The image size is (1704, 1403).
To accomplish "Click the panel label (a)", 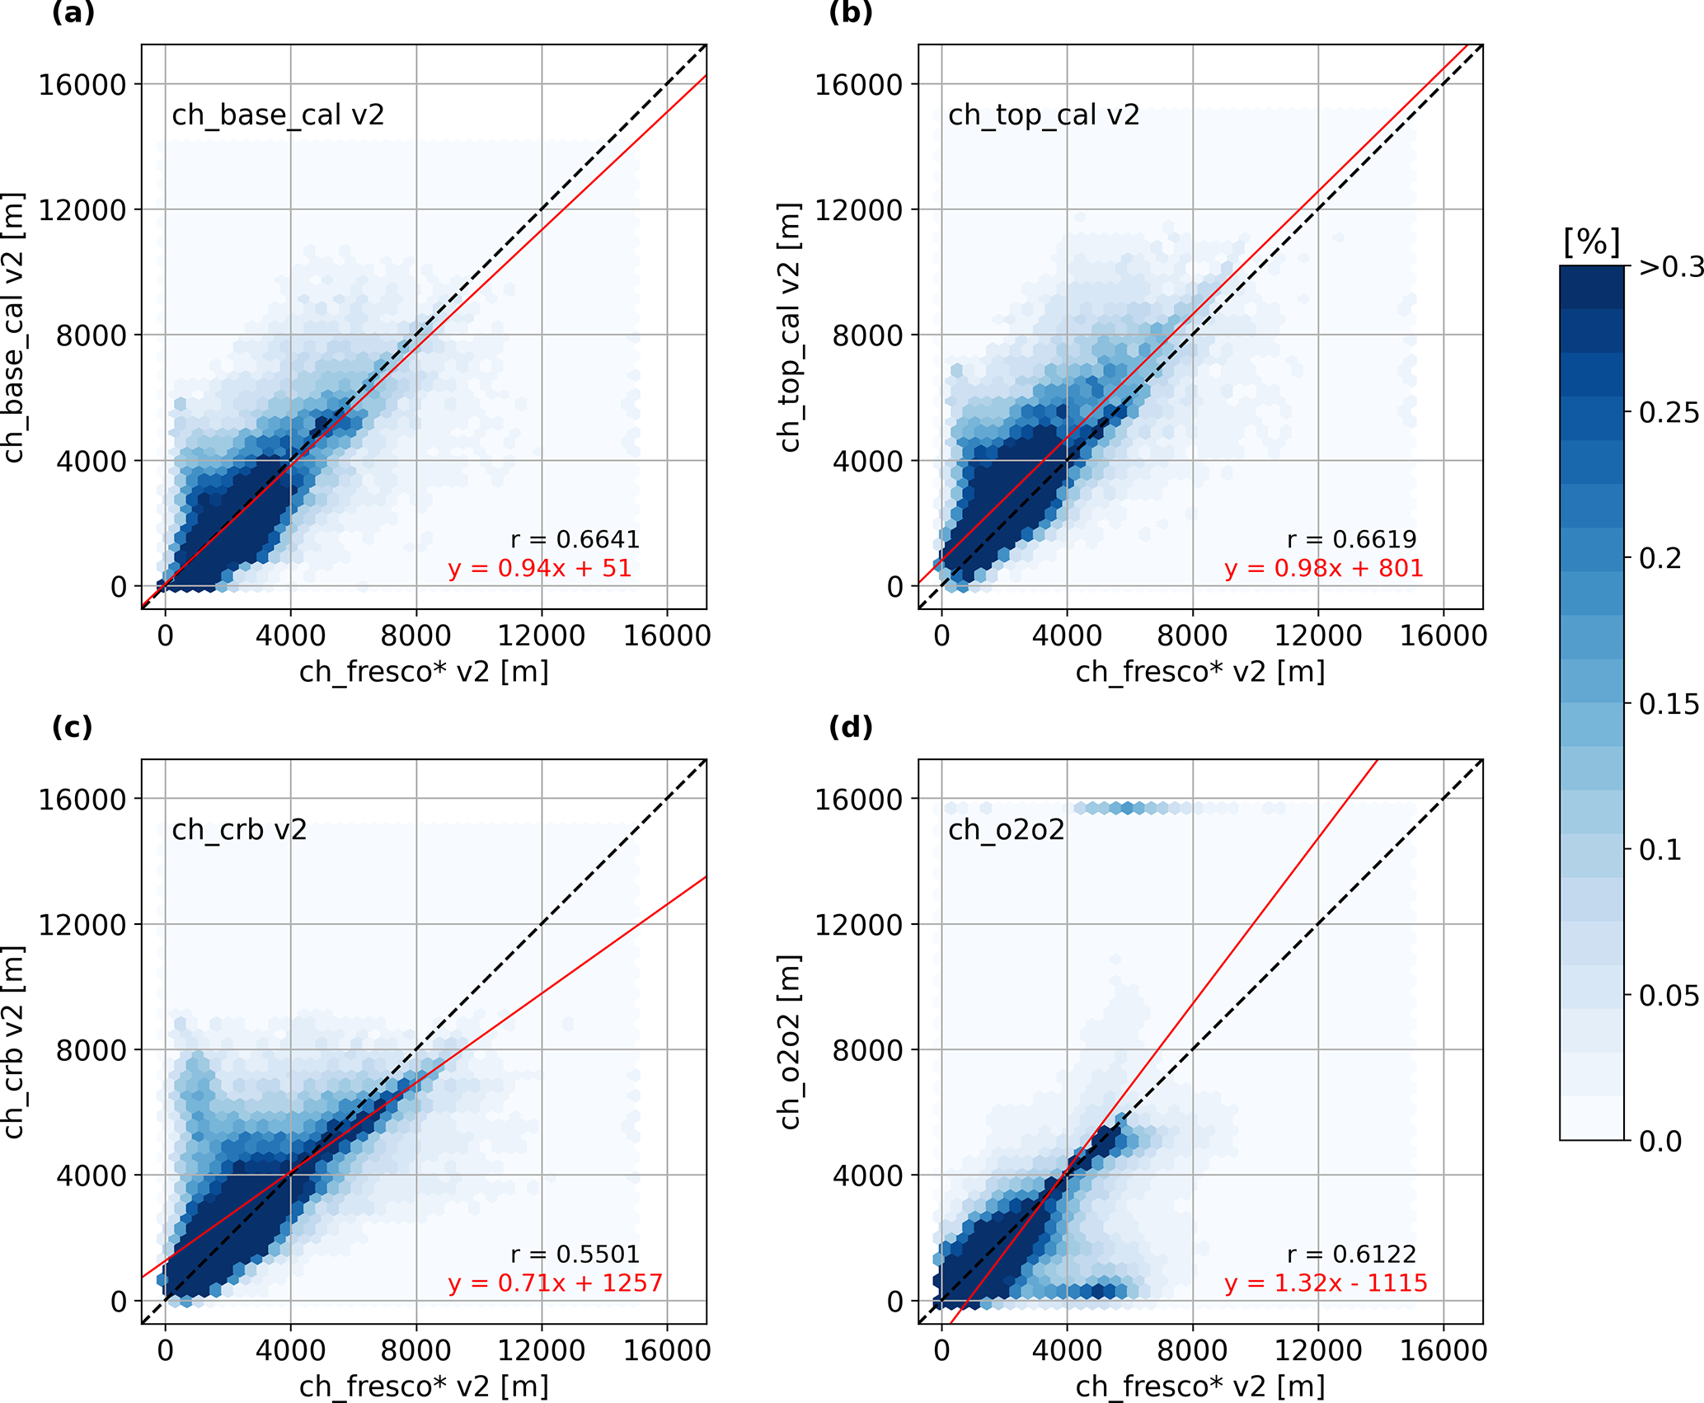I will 73,13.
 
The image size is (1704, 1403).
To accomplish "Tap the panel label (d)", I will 850,727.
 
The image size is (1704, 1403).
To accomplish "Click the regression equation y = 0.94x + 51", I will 540,569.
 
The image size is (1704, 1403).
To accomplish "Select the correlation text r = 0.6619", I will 1351,539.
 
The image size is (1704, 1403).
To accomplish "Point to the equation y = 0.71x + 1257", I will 555,1283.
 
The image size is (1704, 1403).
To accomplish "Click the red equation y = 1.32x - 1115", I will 1326,1283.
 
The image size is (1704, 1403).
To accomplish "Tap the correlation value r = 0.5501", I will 575,1254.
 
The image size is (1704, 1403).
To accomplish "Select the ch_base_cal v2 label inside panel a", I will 278,115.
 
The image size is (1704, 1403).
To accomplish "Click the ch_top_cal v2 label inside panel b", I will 1044,115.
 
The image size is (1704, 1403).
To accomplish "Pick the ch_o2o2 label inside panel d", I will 1006,829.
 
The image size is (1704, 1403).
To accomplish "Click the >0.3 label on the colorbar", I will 1670,267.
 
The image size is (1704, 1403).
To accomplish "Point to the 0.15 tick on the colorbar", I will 1669,704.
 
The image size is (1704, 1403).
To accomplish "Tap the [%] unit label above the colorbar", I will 1591,242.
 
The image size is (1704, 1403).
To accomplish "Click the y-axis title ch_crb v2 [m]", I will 14,1042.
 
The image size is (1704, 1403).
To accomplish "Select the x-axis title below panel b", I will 1200,672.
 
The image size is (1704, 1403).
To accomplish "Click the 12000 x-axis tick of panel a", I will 541,636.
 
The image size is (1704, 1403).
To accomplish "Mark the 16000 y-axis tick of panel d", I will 858,799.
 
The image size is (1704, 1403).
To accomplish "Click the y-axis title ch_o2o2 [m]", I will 790,1042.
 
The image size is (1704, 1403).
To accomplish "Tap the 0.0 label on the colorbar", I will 1660,1141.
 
